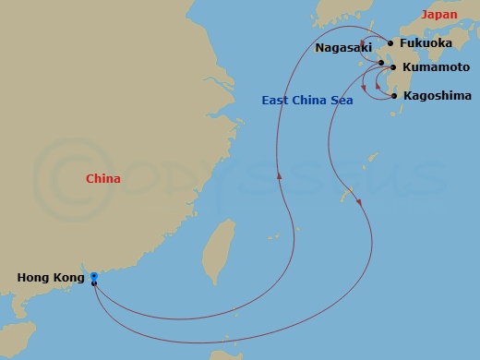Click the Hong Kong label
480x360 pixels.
pyautogui.click(x=51, y=277)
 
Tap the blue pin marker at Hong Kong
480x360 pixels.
pyautogui.click(x=94, y=276)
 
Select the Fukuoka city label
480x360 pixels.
pyautogui.click(x=426, y=42)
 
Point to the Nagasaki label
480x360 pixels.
pyautogui.click(x=342, y=47)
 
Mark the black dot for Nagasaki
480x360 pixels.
pyautogui.click(x=380, y=63)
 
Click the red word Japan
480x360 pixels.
pyautogui.click(x=439, y=15)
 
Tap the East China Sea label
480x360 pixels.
pyautogui.click(x=307, y=100)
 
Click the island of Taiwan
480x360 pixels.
pyautogui.click(x=219, y=252)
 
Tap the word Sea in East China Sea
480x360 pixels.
pyautogui.click(x=341, y=100)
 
